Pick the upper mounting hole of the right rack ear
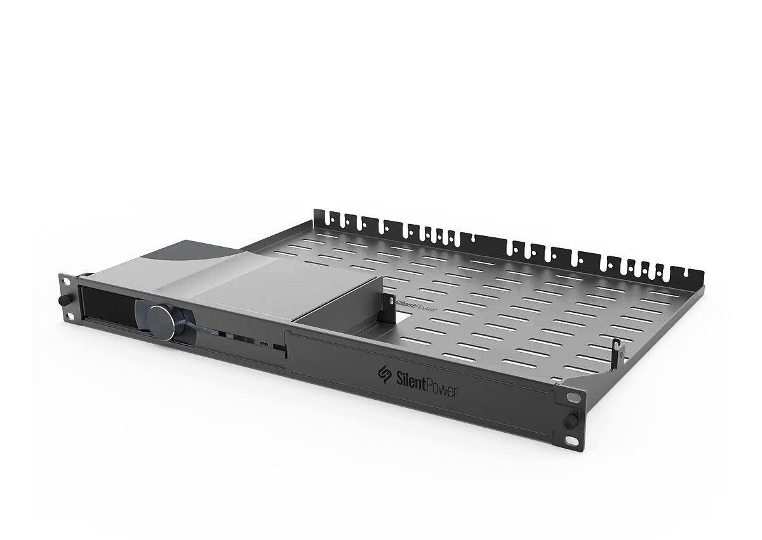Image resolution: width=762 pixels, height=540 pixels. pos(573,397)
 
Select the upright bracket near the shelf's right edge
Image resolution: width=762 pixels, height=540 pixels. pos(615,353)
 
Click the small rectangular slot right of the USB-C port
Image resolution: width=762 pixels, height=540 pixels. pos(277,347)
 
